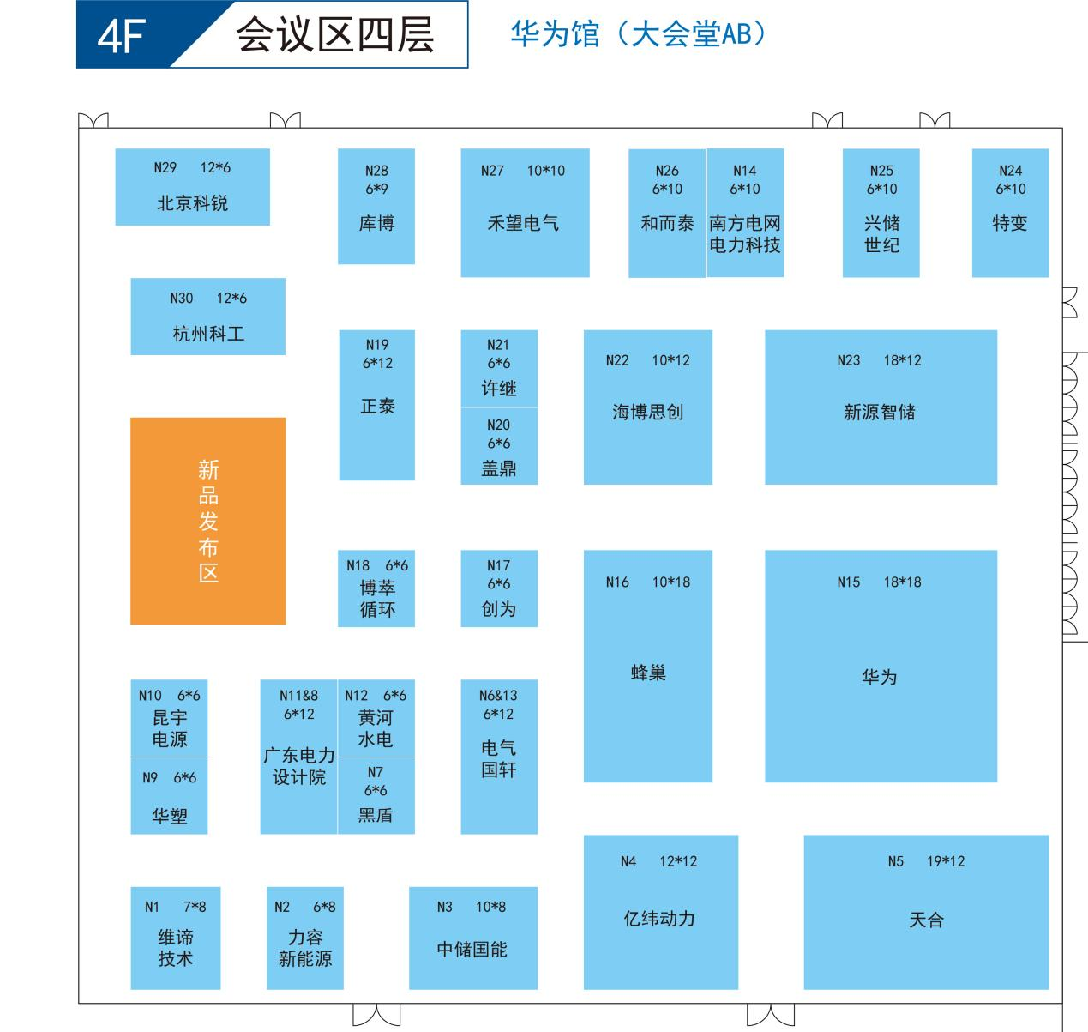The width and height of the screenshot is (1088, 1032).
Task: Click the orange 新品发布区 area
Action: point(208,521)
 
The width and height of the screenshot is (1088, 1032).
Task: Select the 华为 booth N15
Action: point(881,666)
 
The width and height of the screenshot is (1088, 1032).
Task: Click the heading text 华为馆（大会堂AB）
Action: point(639,34)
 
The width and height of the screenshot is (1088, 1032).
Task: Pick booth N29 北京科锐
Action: point(193,187)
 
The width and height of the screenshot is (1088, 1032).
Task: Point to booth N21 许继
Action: point(499,368)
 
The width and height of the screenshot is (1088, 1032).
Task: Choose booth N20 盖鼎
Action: point(499,446)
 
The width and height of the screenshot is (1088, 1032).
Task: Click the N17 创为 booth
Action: point(499,588)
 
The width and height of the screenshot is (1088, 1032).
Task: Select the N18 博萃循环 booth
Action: point(376,588)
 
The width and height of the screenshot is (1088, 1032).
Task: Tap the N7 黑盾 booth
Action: point(376,795)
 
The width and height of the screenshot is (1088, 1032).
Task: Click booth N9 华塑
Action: point(170,795)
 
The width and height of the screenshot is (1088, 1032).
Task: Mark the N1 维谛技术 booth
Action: point(176,938)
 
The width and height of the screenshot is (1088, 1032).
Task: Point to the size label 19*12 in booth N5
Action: point(946,861)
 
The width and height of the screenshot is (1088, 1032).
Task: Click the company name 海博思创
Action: point(648,412)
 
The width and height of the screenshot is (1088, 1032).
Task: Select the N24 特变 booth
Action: point(1011,213)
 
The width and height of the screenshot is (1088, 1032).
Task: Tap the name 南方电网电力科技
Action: point(745,233)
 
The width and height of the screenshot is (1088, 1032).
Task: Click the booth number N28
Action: point(376,171)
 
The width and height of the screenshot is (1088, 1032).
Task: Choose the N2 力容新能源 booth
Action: point(305,938)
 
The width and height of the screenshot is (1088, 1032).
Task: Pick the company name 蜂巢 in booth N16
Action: point(648,673)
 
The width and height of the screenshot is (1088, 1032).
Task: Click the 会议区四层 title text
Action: point(335,34)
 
